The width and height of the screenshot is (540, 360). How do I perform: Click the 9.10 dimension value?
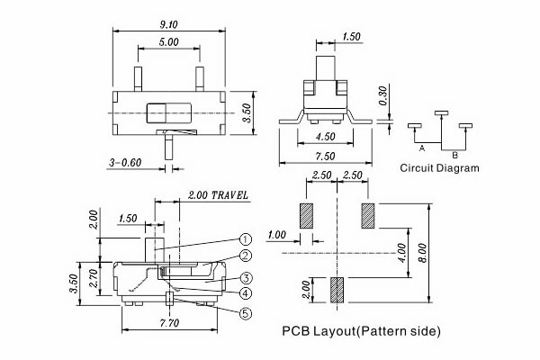169,25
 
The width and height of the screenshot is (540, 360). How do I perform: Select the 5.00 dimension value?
169,42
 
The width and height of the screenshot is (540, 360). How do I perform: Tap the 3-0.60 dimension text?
125,163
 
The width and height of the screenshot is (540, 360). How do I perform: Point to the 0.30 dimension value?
383,96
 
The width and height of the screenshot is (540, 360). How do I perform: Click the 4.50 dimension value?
326,137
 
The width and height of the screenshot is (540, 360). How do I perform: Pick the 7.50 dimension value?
326,157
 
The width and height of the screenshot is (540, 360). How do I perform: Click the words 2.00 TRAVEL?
218,195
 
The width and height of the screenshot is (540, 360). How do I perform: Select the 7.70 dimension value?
169,323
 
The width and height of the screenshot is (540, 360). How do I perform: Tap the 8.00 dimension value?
423,253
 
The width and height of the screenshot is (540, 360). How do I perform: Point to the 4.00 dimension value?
402,253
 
